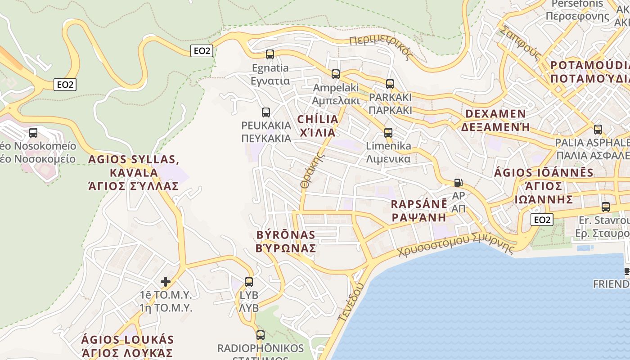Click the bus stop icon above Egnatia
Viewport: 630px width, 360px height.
pos(270,54)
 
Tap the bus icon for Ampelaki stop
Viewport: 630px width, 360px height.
pos(336,74)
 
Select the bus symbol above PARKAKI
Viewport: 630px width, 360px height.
pos(390,84)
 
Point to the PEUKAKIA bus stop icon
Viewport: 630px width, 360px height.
pos(266,112)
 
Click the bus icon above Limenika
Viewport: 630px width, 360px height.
pos(388,133)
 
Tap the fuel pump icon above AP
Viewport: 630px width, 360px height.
pos(458,183)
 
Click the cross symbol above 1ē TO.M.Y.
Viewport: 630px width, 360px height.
pos(166,282)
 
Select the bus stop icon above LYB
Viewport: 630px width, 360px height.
pos(249,282)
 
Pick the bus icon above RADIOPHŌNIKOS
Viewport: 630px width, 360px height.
pos(261,335)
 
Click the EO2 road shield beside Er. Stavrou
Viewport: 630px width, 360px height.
pos(542,220)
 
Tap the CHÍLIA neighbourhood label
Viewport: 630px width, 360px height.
pos(318,126)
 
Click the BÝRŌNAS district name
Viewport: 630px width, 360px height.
pos(286,241)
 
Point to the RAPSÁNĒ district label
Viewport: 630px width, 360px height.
pos(419,210)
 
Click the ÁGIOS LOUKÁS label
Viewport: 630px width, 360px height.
pos(127,346)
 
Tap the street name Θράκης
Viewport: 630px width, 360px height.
pos(312,171)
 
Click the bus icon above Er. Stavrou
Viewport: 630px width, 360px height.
pos(606,207)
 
